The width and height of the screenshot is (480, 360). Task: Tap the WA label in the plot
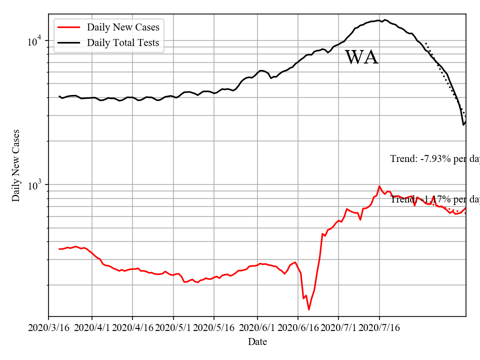tap(361, 57)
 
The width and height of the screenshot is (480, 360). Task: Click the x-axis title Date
tap(257, 342)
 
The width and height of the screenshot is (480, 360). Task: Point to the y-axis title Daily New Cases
tap(16, 165)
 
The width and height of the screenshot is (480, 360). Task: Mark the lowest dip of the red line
tap(309, 309)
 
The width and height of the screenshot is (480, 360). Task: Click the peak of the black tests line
tap(385, 20)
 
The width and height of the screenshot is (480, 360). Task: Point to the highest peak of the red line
tap(379, 186)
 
